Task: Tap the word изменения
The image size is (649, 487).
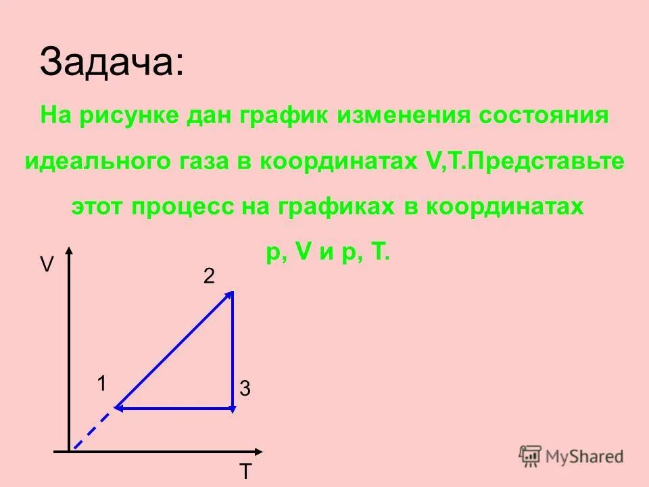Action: [403, 115]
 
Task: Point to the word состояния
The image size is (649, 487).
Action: [544, 115]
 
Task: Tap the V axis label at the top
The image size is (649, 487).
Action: [46, 264]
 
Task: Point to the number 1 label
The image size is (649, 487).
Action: [101, 384]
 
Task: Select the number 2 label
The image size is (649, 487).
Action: [209, 276]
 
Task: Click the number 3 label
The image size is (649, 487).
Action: [245, 389]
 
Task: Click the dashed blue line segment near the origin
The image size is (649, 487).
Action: [93, 430]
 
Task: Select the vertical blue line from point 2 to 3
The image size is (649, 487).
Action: [232, 352]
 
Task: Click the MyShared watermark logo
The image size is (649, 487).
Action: [571, 456]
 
